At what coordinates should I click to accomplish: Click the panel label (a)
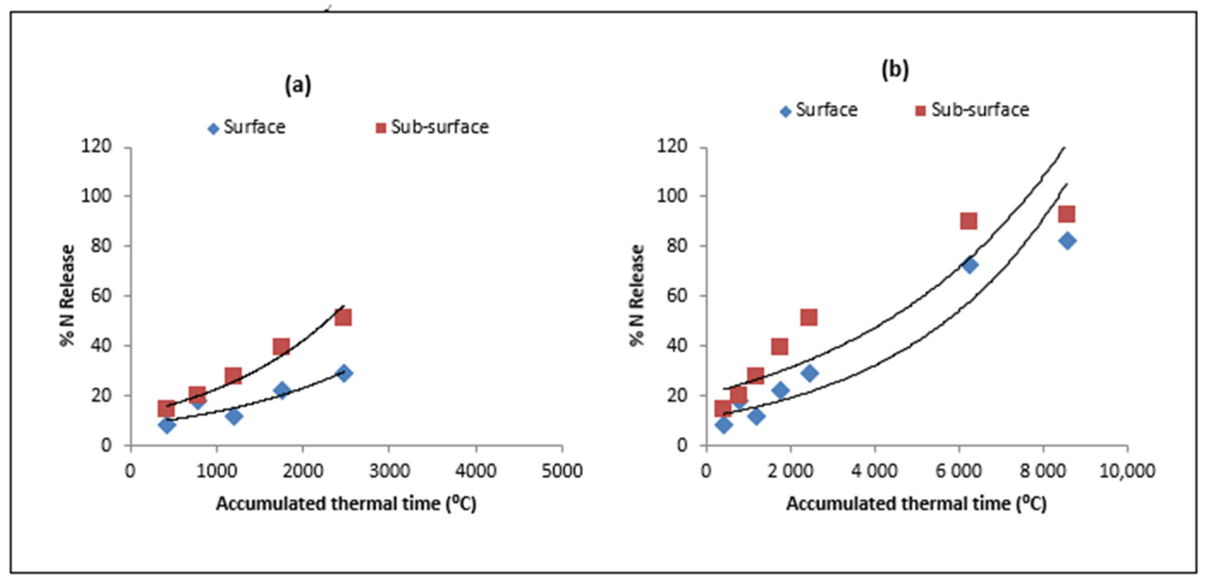(x=298, y=86)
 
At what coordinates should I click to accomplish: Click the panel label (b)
(x=895, y=69)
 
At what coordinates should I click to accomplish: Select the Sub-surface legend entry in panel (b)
(x=973, y=110)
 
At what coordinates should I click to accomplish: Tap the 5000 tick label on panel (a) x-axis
(x=562, y=471)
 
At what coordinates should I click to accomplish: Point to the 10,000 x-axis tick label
(x=1127, y=471)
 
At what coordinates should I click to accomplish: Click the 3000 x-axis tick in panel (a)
(x=389, y=471)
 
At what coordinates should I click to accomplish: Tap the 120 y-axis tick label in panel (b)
(x=672, y=147)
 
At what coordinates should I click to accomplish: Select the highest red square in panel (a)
(x=343, y=318)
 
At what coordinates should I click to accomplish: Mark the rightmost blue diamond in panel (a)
(x=344, y=373)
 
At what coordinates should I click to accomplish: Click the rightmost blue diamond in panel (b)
(x=1067, y=241)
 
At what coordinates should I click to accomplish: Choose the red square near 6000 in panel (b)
(x=969, y=221)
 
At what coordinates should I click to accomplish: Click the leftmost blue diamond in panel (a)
(x=167, y=425)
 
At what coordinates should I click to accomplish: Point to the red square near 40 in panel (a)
(x=281, y=347)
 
